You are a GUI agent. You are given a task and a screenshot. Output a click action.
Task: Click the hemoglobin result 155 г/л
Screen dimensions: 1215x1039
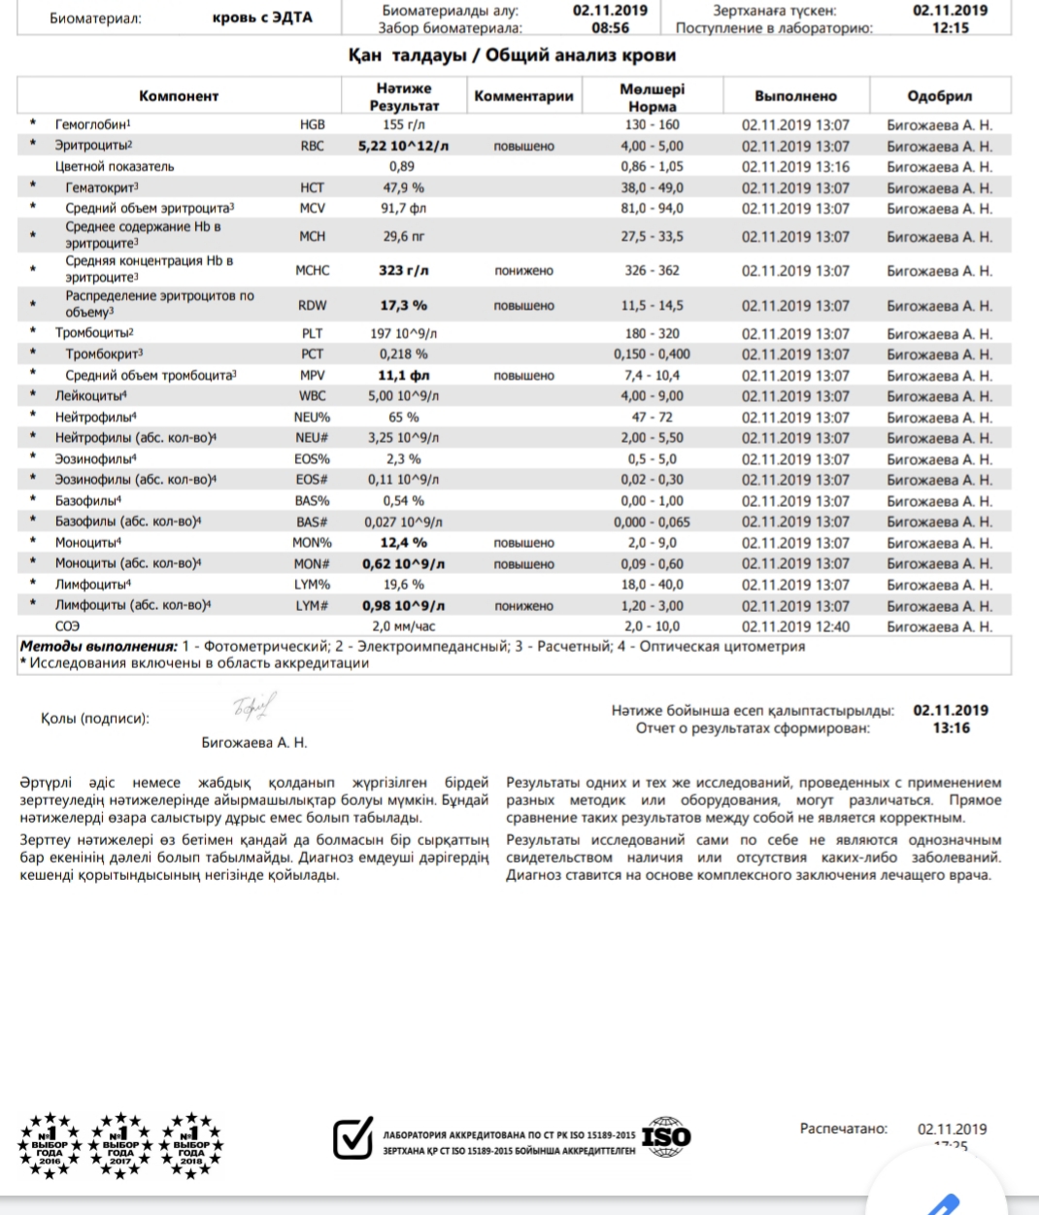point(403,125)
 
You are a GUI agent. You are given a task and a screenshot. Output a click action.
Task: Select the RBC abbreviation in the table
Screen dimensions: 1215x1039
point(312,146)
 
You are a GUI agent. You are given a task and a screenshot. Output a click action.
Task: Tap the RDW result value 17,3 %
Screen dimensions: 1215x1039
point(403,305)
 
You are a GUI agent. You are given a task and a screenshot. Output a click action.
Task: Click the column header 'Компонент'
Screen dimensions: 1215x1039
point(179,96)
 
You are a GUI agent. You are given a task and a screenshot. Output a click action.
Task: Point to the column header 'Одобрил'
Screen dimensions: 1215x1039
point(939,96)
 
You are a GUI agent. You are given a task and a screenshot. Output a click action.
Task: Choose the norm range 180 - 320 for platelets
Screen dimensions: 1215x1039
point(652,333)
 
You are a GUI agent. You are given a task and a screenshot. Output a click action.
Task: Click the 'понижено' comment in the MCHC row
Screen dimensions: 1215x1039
point(523,271)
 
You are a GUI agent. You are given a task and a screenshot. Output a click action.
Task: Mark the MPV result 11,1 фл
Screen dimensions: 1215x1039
point(403,375)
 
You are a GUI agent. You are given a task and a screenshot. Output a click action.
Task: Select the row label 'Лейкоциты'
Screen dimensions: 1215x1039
point(89,396)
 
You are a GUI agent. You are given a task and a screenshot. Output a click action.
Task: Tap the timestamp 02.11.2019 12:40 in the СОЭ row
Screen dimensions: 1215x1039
point(795,626)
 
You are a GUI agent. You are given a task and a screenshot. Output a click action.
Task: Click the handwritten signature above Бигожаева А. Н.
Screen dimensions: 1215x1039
point(254,706)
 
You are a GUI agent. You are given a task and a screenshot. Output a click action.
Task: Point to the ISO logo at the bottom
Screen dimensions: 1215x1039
point(667,1135)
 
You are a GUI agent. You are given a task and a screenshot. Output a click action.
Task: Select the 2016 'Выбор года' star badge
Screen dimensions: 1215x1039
point(50,1145)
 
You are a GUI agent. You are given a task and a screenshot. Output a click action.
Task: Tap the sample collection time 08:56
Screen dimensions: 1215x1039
point(610,28)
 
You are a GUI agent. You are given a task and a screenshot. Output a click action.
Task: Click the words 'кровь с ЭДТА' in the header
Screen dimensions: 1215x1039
point(262,17)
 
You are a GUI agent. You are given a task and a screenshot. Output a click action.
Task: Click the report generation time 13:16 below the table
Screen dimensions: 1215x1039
point(951,727)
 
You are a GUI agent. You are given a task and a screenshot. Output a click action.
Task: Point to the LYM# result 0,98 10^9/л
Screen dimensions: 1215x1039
point(403,605)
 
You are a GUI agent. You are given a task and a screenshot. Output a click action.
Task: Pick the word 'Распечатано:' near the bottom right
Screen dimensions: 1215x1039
point(843,1129)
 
